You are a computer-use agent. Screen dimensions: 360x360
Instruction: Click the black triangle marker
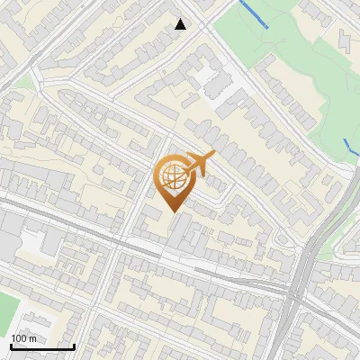click(x=181, y=24)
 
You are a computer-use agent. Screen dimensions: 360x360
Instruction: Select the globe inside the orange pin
click(x=173, y=177)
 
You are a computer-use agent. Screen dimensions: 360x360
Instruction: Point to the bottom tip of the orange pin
click(x=174, y=211)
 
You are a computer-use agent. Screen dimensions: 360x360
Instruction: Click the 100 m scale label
click(x=23, y=337)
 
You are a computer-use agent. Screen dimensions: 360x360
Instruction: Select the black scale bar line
click(x=42, y=346)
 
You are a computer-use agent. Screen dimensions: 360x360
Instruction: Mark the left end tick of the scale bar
click(x=11, y=345)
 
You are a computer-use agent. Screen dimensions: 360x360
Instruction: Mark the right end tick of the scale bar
click(x=74, y=345)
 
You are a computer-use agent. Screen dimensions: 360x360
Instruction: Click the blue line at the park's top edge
click(x=254, y=15)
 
